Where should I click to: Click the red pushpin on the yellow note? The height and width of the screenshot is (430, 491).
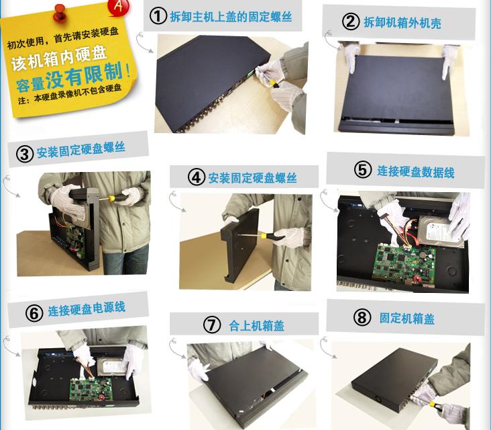coord(60,13)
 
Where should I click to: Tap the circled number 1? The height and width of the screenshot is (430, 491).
coord(158,15)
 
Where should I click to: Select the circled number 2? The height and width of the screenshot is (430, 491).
coord(351,21)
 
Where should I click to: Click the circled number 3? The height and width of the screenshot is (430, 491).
coord(25,154)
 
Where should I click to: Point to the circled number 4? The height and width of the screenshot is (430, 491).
coord(197,177)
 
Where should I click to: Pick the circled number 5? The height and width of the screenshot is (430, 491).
coord(363,170)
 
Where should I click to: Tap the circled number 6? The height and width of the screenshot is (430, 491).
coord(34,313)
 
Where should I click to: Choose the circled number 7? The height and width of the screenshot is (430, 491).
coord(212,325)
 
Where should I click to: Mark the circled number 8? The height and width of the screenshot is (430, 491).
coord(362,317)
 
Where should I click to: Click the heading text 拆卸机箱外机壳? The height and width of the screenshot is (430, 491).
coord(402,23)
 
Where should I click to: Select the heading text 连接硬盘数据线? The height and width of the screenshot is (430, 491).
coord(415,171)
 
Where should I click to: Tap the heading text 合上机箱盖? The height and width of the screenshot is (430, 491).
coord(256,326)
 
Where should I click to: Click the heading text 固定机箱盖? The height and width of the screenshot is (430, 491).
coord(406,318)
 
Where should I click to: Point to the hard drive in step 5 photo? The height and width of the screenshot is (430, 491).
coord(440,232)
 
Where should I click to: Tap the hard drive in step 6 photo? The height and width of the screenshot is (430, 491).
coord(111,367)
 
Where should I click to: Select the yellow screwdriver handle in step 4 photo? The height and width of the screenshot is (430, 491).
coord(268,236)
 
